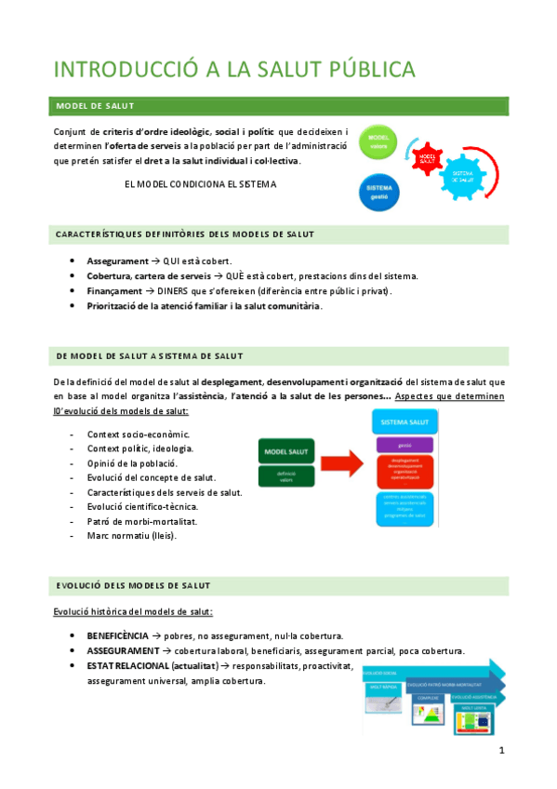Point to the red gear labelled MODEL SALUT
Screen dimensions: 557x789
coord(428,158)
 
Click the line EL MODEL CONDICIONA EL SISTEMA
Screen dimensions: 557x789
coord(200,184)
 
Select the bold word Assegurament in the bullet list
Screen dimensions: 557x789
coord(117,261)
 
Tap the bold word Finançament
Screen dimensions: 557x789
coord(115,291)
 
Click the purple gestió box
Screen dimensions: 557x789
coord(404,446)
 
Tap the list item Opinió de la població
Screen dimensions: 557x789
coord(132,462)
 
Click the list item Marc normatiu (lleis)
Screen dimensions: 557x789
coord(131,536)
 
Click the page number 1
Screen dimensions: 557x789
coord(501,751)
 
